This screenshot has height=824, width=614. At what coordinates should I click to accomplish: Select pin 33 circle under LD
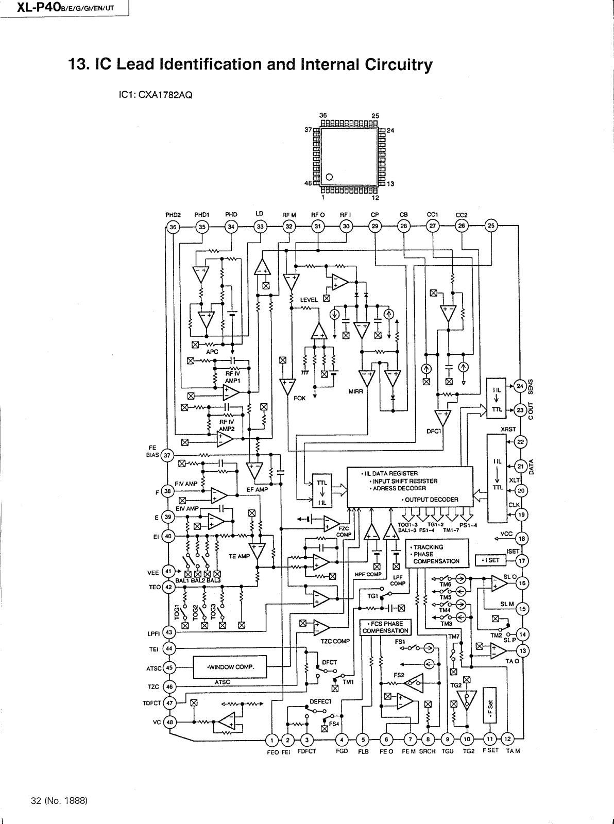pyautogui.click(x=260, y=227)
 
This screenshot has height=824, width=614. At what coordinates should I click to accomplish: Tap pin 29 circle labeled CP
pyautogui.click(x=375, y=227)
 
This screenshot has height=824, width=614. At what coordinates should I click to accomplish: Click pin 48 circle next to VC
pyautogui.click(x=169, y=722)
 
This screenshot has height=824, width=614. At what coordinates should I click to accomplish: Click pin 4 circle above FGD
pyautogui.click(x=342, y=741)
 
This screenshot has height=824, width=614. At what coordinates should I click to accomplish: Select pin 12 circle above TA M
pyautogui.click(x=507, y=741)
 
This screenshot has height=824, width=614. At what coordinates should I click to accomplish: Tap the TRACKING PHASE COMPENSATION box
pyautogui.click(x=437, y=554)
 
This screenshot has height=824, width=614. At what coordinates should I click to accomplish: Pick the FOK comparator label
pyautogui.click(x=299, y=398)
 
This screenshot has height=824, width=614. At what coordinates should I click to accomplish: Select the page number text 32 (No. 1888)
pyautogui.click(x=60, y=801)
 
